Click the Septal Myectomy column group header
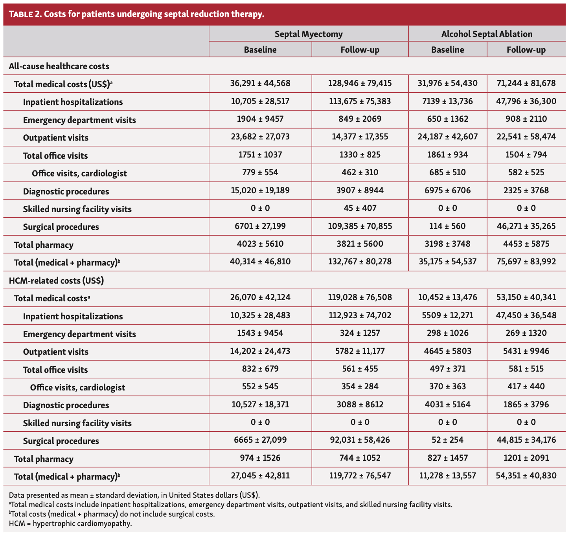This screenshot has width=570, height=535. click(309, 34)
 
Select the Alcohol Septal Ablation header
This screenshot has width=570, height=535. click(487, 34)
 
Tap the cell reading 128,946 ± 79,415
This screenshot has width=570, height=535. click(360, 83)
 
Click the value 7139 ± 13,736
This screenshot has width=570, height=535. click(447, 101)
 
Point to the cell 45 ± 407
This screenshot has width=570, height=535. click(360, 208)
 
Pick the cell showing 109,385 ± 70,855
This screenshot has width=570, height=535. click(360, 226)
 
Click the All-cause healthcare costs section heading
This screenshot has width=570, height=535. click(59, 66)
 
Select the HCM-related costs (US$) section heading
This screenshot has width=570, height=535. click(56, 280)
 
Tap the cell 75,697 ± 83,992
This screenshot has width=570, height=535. click(526, 262)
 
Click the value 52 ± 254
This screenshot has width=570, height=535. click(447, 440)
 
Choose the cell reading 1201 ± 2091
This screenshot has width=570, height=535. click(526, 458)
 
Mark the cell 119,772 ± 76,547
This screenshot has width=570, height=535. click(360, 476)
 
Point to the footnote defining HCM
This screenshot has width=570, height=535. click(70, 524)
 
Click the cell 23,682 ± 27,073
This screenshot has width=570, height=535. click(260, 137)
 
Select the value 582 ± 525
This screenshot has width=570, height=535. click(526, 172)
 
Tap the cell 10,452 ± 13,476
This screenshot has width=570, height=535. click(447, 297)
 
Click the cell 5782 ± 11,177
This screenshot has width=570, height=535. click(360, 351)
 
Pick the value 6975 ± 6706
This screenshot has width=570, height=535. click(447, 191)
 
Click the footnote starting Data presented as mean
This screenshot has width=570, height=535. click(134, 495)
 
